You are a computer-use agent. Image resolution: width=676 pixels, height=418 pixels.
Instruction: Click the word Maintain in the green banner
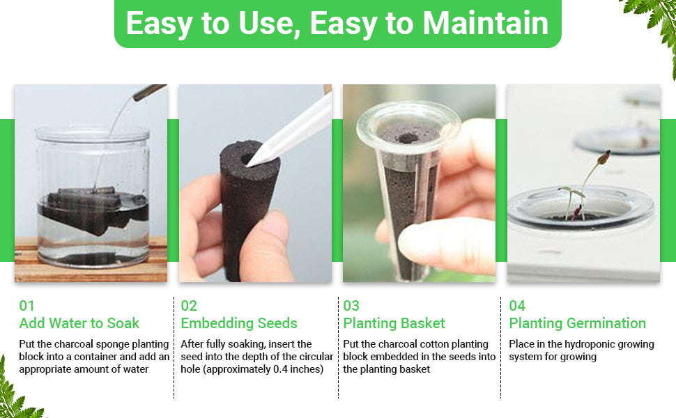coord(486,23)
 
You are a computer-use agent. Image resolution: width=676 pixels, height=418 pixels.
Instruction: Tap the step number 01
coord(26,306)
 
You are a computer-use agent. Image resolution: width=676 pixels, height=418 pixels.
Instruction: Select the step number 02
coord(189,306)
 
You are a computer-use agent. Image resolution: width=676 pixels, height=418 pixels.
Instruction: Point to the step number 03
coord(351,306)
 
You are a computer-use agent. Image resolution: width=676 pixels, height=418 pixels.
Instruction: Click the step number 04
coord(517,306)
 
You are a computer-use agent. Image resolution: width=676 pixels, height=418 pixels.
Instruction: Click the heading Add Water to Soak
coord(79,323)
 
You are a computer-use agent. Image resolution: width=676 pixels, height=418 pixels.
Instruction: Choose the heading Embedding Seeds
coord(239,323)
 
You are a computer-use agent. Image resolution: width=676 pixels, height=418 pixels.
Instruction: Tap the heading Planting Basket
coord(394,323)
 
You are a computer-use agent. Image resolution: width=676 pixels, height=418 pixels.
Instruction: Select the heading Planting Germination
coord(577,323)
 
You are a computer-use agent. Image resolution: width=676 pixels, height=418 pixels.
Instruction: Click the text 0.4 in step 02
coord(280,369)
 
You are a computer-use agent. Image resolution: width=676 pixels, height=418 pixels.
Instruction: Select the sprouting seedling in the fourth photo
coord(582,185)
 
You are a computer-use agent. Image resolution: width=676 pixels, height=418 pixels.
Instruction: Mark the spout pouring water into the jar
coord(149,92)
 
